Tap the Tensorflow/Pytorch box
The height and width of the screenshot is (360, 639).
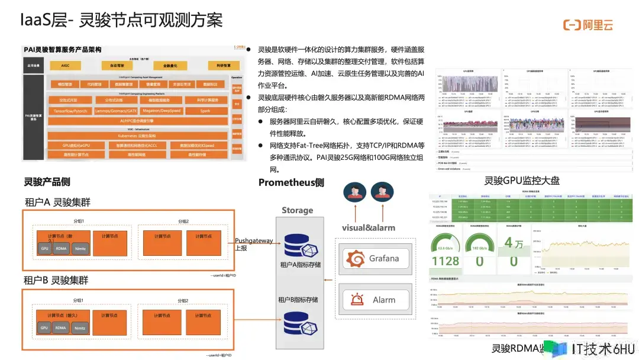[71, 111]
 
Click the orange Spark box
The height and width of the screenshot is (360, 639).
[205, 111]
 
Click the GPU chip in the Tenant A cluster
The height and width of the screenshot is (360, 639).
[44, 249]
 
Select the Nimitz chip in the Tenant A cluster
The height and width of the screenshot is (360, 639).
[80, 249]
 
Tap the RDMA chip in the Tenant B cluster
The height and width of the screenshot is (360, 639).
[61, 327]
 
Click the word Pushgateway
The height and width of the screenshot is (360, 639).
[254, 240]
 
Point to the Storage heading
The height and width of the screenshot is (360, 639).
[297, 210]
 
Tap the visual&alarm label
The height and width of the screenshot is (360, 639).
[369, 228]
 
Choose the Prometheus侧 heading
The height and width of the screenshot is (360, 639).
[291, 182]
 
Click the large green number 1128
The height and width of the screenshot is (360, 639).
[445, 261]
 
